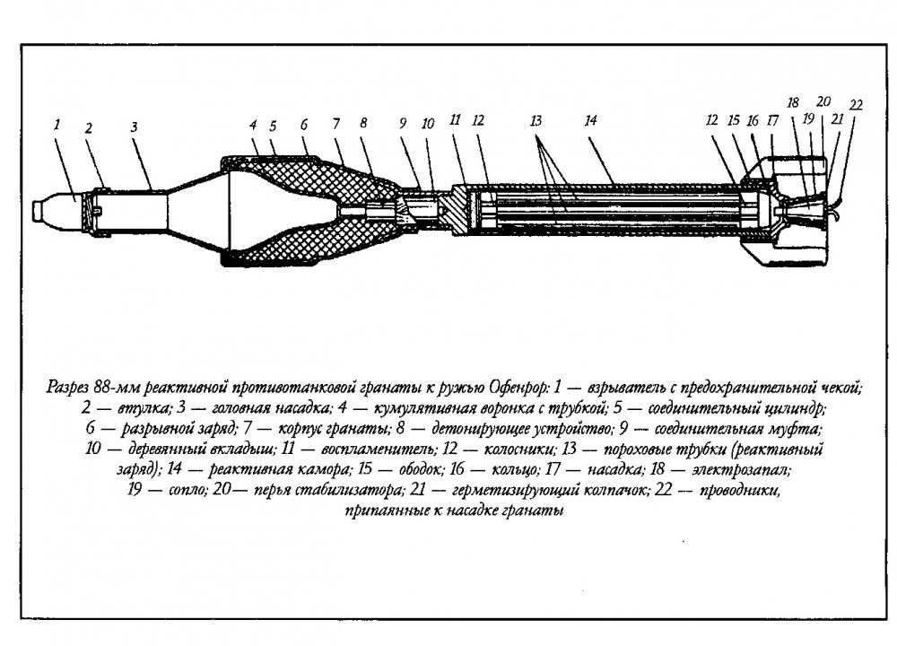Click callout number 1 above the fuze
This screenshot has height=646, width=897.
(x=57, y=124)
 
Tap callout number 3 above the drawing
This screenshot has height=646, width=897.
(x=134, y=127)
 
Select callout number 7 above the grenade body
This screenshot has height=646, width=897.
(x=335, y=124)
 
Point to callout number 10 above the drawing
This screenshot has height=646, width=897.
(x=428, y=124)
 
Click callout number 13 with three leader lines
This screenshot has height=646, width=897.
(x=536, y=121)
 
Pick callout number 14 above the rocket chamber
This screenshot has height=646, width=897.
(x=590, y=120)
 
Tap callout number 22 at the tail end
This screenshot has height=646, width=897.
(x=856, y=105)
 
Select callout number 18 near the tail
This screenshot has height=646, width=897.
(x=793, y=103)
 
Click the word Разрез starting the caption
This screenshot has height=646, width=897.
(x=67, y=388)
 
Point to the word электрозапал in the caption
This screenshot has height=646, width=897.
(x=741, y=470)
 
